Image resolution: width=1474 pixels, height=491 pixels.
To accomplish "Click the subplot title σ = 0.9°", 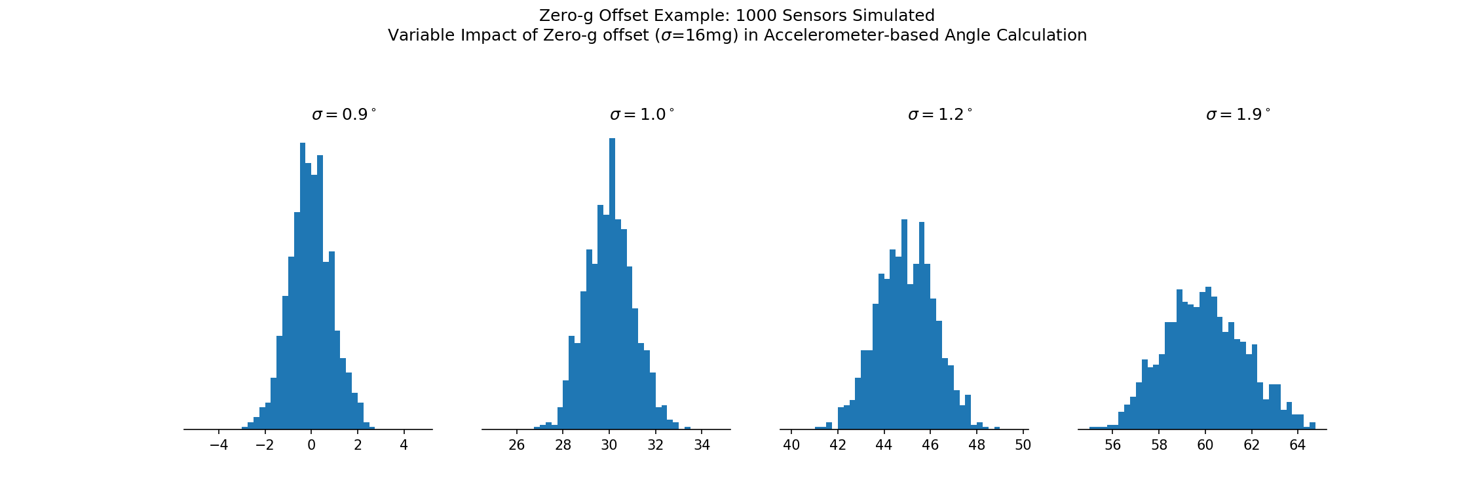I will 344,115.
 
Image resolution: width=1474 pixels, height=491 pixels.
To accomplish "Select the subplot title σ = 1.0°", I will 642,115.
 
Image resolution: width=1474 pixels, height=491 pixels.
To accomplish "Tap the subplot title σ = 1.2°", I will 940,115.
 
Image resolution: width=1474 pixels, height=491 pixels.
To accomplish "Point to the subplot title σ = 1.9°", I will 1238,115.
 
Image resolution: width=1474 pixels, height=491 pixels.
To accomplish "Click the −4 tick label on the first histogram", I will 219,446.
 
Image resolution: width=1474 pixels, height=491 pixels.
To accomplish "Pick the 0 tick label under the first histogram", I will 311,446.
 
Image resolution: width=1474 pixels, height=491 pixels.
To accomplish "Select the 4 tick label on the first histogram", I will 404,446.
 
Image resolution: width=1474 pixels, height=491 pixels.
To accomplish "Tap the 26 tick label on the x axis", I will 517,446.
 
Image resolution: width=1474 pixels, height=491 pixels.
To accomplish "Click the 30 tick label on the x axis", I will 609,446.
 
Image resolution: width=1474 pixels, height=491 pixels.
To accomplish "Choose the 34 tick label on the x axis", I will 702,446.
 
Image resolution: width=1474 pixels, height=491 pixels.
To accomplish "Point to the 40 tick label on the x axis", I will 791,446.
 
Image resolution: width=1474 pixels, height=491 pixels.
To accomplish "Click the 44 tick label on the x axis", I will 884,446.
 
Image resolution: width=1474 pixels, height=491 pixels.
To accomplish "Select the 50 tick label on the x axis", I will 1023,446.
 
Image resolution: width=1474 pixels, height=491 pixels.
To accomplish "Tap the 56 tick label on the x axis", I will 1112,446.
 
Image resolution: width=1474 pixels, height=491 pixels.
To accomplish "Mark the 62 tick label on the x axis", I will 1251,446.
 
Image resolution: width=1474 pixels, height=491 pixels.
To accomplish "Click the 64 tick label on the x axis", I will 1297,446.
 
